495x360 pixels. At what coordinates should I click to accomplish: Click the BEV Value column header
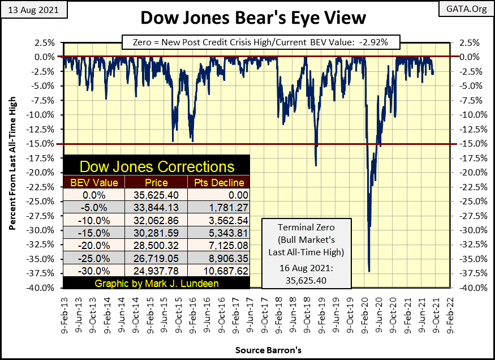(x=93, y=182)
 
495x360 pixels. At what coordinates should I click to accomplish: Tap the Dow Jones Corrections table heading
(x=157, y=166)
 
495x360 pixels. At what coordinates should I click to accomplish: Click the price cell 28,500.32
(x=154, y=245)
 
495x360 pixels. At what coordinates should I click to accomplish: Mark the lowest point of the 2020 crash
(x=369, y=271)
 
